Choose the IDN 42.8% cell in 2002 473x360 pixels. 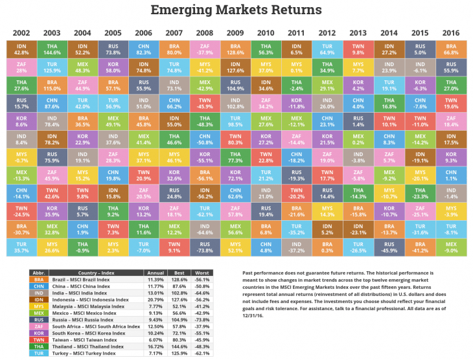(21, 49)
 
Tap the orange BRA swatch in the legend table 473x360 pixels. (39, 278)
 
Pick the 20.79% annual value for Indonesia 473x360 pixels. (153, 299)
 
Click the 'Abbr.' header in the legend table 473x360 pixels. (39, 271)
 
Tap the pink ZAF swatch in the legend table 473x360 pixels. (39, 327)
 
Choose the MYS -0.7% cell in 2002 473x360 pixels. (21, 156)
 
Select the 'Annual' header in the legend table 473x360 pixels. (153, 271)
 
